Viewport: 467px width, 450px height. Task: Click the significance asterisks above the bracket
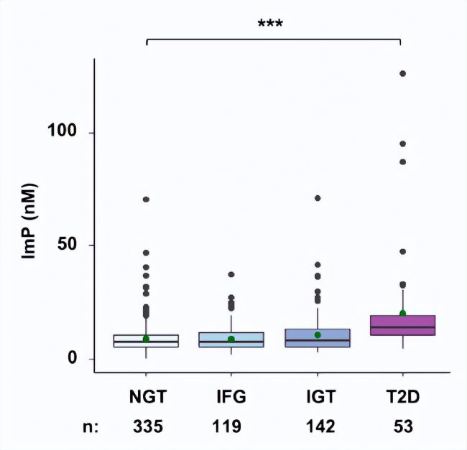[x=270, y=24]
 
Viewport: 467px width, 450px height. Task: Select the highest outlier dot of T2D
[x=403, y=74]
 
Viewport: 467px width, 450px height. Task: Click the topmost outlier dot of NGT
[x=146, y=200]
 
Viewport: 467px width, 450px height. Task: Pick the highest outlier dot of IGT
[x=318, y=198]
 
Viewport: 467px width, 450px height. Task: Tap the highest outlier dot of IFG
[x=231, y=275]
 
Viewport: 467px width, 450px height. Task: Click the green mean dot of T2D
[x=403, y=314]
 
